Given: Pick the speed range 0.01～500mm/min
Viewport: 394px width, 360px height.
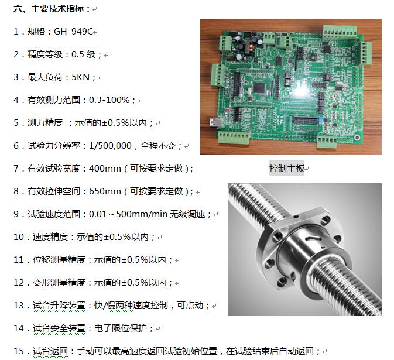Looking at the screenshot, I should click(119, 214).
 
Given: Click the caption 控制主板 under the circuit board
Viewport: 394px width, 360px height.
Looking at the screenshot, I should click(286, 169).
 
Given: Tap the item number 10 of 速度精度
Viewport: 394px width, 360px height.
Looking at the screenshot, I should click(19, 237).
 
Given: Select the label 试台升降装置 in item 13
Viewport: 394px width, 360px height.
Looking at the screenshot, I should click(59, 306).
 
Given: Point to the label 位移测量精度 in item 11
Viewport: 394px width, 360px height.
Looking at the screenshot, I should click(59, 260).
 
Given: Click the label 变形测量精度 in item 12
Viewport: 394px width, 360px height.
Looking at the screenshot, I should click(59, 283).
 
